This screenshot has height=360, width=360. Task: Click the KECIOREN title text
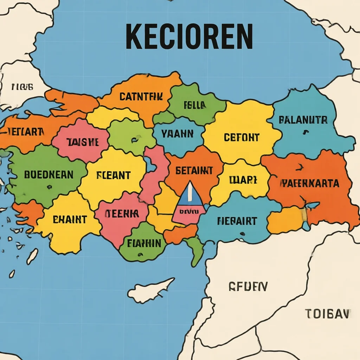pos(189,37)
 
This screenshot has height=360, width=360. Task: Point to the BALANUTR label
pos(303,120)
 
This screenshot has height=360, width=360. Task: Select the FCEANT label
pos(113,175)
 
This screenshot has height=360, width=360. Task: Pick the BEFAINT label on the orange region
pos(194,171)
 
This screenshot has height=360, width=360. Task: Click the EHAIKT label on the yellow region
pos(70,220)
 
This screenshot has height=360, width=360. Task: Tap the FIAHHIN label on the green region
pos(144,243)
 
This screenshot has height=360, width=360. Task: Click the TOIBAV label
pos(327,313)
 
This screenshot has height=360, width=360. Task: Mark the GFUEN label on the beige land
pos(248,287)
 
